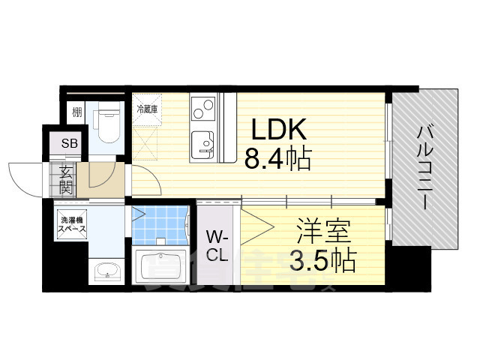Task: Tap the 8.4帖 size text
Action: tap(277, 159)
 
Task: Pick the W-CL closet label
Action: tap(217, 245)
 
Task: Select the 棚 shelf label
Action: tap(77, 112)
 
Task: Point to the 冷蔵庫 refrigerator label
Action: tap(146, 109)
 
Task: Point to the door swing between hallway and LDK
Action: tap(142, 180)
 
